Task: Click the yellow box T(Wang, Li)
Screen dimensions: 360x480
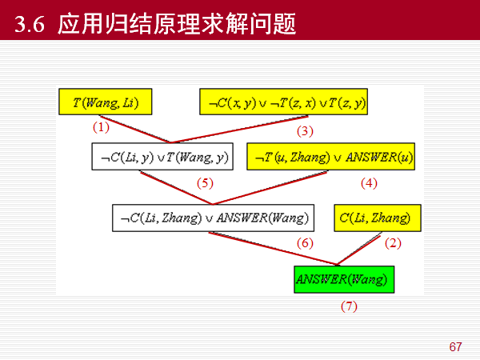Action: pyautogui.click(x=105, y=102)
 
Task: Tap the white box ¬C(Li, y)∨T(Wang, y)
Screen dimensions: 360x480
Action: pyautogui.click(x=164, y=158)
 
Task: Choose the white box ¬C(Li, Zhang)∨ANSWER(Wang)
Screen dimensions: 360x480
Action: pyautogui.click(x=214, y=218)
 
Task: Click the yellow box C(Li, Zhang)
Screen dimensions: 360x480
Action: pyautogui.click(x=374, y=218)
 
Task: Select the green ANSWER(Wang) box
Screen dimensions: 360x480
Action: pyautogui.click(x=344, y=279)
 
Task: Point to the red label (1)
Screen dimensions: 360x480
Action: pyautogui.click(x=100, y=127)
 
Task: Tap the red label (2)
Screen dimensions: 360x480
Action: pyautogui.click(x=392, y=242)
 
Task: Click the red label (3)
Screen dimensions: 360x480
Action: pyautogui.click(x=305, y=130)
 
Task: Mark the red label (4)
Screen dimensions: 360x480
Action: pyautogui.click(x=368, y=183)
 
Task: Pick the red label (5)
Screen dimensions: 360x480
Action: pyautogui.click(x=206, y=183)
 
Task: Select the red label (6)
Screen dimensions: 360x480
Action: pyautogui.click(x=305, y=242)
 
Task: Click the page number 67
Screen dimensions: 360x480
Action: pyautogui.click(x=455, y=347)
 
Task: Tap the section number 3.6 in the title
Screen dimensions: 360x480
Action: pyautogui.click(x=31, y=26)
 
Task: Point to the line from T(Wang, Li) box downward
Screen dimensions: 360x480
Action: pyautogui.click(x=136, y=130)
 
